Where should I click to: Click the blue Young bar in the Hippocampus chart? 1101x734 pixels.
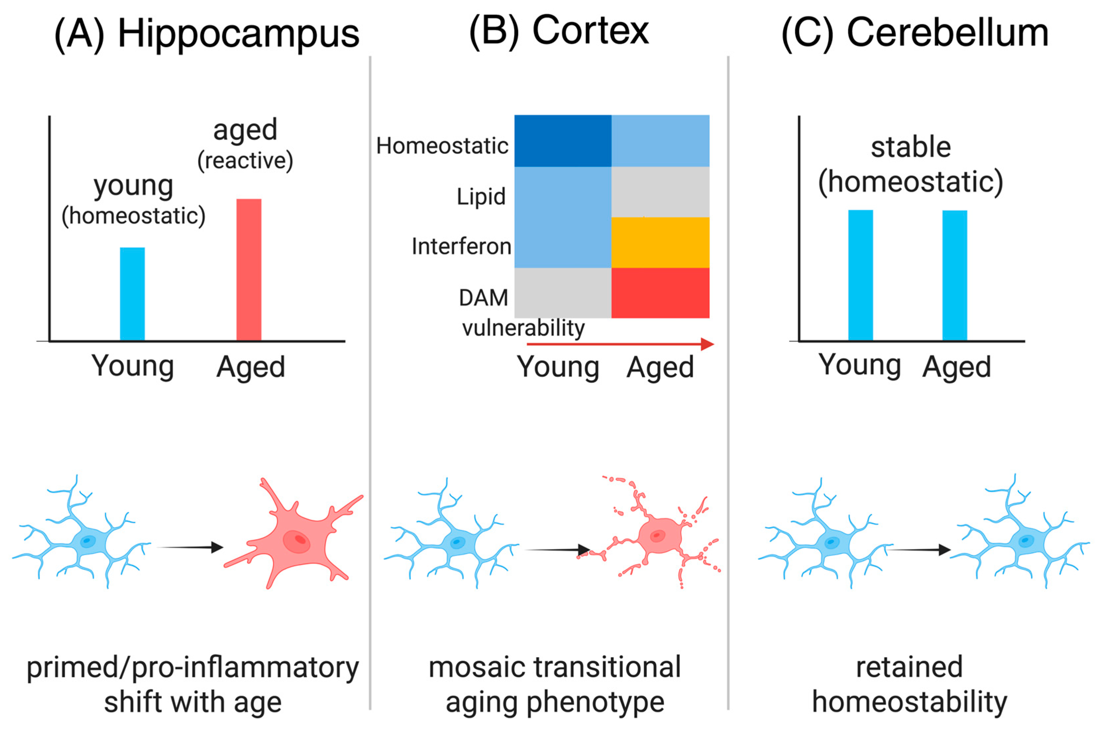[x=132, y=294]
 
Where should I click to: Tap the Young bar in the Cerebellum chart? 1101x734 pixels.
[x=860, y=275]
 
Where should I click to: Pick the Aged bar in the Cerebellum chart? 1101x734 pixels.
[x=955, y=275]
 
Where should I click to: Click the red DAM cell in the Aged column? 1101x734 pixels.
[x=660, y=293]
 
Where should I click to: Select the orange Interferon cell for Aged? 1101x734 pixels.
[x=660, y=242]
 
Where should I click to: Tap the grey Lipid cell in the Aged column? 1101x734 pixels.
[x=660, y=192]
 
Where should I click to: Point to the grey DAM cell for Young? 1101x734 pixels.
[x=563, y=293]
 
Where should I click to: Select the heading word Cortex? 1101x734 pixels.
[x=590, y=31]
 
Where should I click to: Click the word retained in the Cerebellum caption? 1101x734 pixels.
[x=909, y=667]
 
